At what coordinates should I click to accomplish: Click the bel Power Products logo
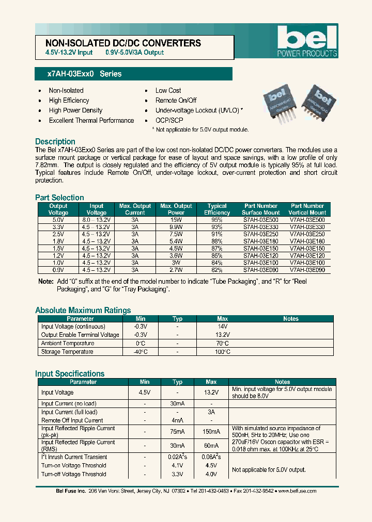coord(307,41)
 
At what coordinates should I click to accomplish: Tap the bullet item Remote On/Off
coord(176,101)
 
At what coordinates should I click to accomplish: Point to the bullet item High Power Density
coord(75,110)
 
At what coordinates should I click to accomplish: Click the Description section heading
coord(55,141)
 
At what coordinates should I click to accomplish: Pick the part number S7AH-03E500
coord(260,219)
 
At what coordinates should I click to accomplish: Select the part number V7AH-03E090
coord(307,270)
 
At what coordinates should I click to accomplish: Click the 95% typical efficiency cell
coord(217,219)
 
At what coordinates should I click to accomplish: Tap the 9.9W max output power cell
coord(176,226)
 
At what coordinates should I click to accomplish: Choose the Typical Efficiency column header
coord(217,209)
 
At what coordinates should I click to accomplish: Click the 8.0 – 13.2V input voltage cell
coord(97,219)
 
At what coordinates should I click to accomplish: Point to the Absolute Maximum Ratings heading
coord(83,310)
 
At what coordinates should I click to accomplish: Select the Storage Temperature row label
coord(67,352)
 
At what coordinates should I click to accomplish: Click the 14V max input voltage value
coord(222,327)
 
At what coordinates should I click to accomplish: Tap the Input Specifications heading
coord(70,373)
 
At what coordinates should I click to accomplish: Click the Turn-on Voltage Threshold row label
coord(73,465)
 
